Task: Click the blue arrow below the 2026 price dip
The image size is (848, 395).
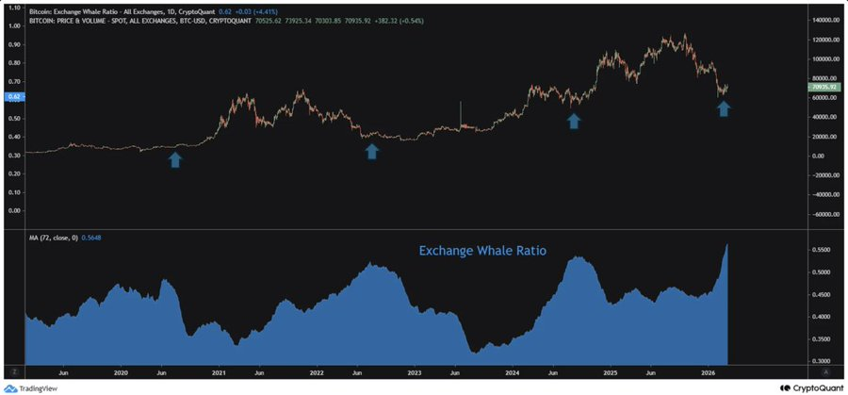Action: click(723, 108)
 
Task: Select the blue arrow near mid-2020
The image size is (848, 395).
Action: click(175, 160)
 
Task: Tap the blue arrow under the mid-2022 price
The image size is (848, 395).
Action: click(371, 151)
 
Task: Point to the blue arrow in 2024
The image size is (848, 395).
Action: click(573, 120)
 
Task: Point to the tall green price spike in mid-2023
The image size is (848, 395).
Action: click(460, 111)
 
